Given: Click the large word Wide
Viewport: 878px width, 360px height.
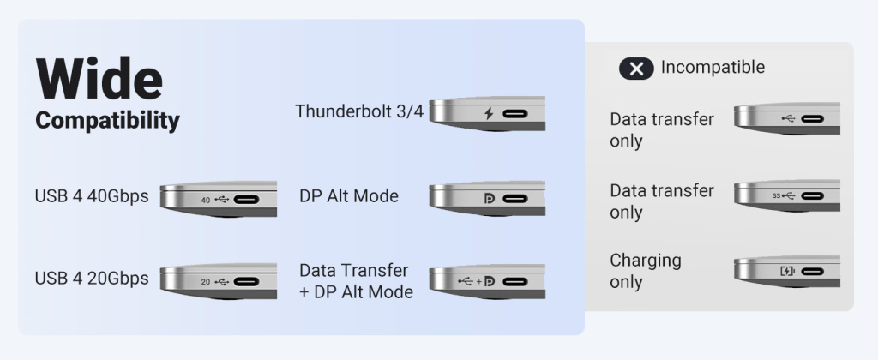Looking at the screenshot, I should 99,80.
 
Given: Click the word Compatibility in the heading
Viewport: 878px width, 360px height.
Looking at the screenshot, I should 107,121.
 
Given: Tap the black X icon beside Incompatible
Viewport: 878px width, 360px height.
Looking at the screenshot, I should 636,69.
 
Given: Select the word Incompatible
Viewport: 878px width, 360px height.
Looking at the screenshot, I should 713,68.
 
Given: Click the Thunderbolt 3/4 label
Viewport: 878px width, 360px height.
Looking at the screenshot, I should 359,111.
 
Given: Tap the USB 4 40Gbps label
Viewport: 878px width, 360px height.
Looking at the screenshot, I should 92,196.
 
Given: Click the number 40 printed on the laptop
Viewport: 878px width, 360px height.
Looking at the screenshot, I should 205,200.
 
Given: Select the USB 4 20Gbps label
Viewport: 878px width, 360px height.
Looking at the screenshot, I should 92,279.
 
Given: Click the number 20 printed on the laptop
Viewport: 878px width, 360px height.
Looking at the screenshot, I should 205,281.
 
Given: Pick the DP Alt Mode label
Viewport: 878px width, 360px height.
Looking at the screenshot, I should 349,196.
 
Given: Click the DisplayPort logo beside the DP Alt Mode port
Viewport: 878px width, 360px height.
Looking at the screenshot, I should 489,199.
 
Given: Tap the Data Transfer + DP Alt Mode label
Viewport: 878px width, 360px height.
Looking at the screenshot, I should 356,281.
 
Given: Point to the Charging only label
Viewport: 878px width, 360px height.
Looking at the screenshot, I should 645,271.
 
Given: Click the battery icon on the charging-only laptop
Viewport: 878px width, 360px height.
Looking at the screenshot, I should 787,272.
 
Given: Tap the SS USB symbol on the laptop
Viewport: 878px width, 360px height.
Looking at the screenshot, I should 784,195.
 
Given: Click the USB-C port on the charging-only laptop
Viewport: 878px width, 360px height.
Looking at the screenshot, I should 813,272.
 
